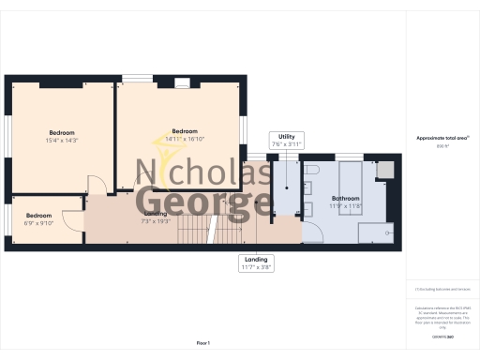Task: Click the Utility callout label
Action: point(286,141)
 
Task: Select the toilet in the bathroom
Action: point(312,169)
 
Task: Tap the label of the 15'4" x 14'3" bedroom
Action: point(61,136)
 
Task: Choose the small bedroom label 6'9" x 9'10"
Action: point(38,218)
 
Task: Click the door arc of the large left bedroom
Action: point(95,186)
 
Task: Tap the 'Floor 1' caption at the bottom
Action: point(202,343)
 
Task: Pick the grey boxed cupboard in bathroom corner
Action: point(383,170)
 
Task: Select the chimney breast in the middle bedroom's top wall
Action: point(182,82)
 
